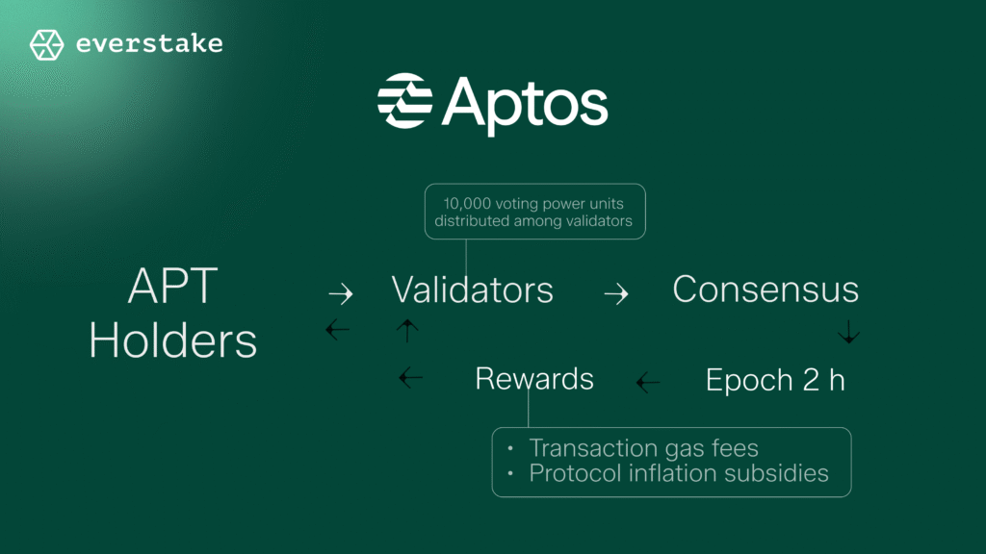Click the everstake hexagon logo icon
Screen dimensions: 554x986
point(46,44)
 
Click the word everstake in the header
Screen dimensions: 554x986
point(148,44)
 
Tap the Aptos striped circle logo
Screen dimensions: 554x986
point(404,100)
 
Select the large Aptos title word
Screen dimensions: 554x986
point(525,102)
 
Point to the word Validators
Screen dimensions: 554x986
point(472,290)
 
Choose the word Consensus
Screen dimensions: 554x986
point(765,290)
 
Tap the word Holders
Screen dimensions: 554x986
point(173,340)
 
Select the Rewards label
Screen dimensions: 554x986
point(534,379)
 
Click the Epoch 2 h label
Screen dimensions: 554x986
point(775,380)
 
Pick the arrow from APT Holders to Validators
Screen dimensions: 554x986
point(340,293)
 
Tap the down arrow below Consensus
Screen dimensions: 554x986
point(848,334)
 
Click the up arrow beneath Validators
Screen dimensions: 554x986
point(407,331)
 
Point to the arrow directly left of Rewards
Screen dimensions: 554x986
point(411,378)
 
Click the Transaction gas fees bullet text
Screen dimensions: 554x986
point(643,448)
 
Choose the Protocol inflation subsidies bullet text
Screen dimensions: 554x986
point(678,473)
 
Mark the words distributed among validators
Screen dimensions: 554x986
point(533,222)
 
